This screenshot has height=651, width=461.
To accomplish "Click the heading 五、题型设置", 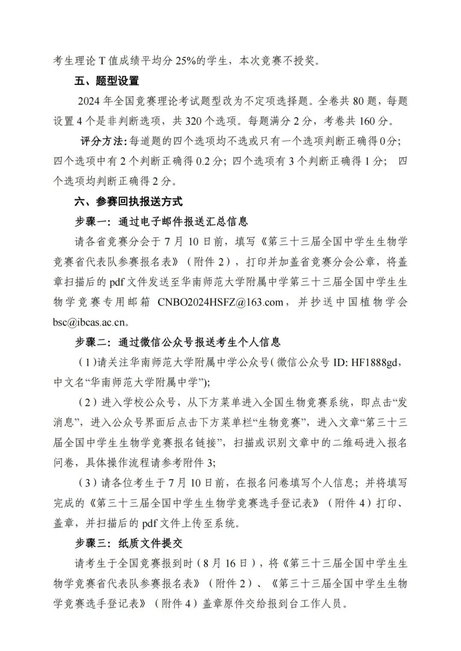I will (107, 81).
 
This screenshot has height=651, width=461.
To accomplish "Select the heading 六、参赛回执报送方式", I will (128, 201).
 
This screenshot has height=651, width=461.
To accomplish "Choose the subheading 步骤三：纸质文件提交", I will (128, 543).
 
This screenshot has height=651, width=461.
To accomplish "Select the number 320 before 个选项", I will (195, 121).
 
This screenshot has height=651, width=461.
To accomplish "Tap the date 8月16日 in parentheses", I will (231, 563).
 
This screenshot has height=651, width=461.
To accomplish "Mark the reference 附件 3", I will (199, 463).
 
